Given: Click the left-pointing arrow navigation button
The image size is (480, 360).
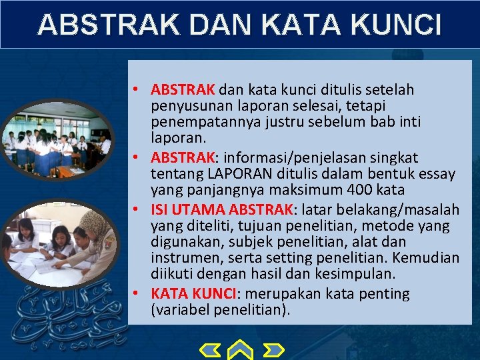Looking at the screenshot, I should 211,349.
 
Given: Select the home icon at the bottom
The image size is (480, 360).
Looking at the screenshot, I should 241,349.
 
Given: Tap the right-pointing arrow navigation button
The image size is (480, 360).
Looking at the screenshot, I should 273,349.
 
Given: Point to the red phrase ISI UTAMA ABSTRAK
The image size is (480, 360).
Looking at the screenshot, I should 222,209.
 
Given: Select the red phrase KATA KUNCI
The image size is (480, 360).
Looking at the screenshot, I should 193,293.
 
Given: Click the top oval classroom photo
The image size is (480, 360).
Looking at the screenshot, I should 57,138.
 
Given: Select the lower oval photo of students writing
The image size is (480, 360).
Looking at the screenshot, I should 57,241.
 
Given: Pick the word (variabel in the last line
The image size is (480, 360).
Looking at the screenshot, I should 179,310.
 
